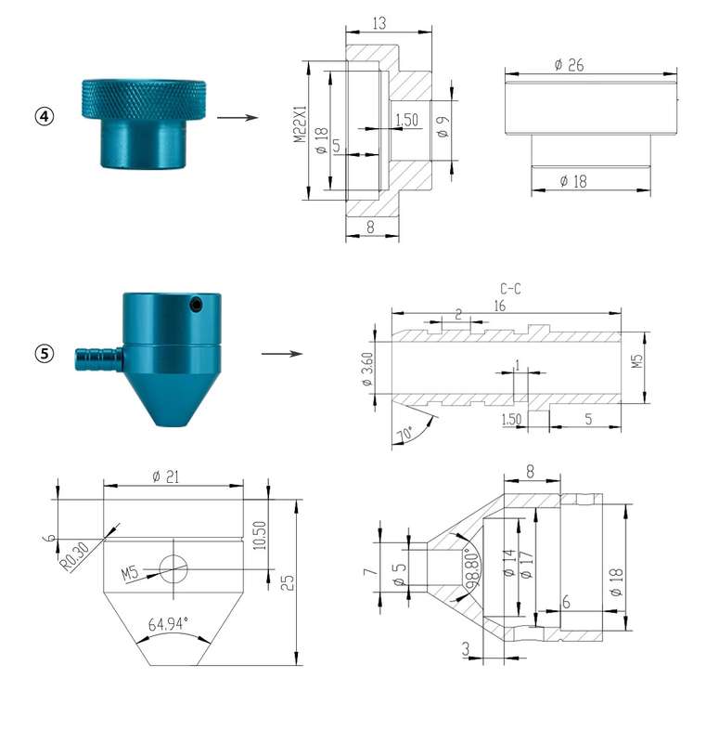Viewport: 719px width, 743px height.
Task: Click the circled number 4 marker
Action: pyautogui.click(x=45, y=116)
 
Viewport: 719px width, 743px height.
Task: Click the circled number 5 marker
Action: pyautogui.click(x=45, y=354)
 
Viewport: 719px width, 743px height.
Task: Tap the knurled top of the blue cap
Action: pyautogui.click(x=144, y=99)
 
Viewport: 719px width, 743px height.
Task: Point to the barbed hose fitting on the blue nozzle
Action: pyautogui.click(x=99, y=359)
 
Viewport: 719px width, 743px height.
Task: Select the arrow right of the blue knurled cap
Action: pyautogui.click(x=238, y=117)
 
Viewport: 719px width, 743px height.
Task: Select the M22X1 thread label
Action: pyautogui.click(x=300, y=124)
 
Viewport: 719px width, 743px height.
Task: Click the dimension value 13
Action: pyautogui.click(x=379, y=22)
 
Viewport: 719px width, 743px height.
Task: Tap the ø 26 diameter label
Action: pyautogui.click(x=570, y=65)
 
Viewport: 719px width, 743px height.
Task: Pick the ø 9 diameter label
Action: pyautogui.click(x=443, y=127)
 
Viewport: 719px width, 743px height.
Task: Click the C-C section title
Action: pyautogui.click(x=510, y=289)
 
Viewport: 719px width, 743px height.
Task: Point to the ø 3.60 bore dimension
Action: pyautogui.click(x=367, y=369)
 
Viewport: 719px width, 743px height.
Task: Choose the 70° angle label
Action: pyautogui.click(x=404, y=434)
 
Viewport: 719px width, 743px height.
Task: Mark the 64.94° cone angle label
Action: pyautogui.click(x=168, y=623)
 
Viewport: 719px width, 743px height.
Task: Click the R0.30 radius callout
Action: pyautogui.click(x=75, y=556)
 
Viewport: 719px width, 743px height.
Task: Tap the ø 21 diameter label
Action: pyautogui.click(x=166, y=476)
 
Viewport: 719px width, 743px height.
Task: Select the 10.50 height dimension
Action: pyautogui.click(x=260, y=536)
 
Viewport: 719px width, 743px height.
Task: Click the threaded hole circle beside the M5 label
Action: pyautogui.click(x=173, y=568)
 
